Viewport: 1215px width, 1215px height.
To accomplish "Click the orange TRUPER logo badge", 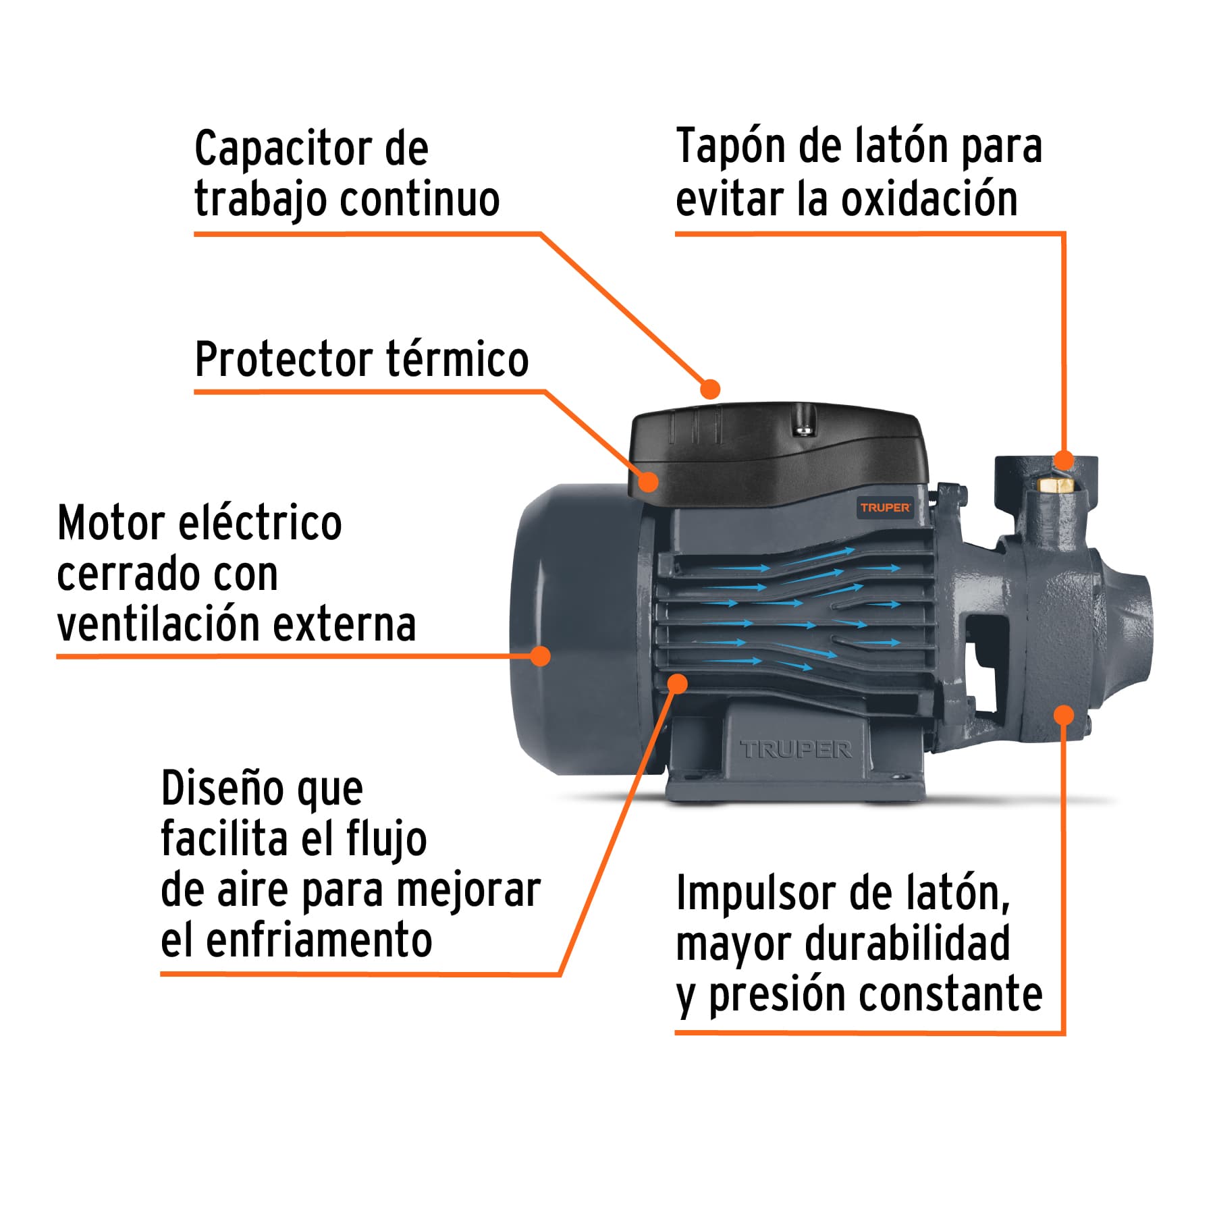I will [885, 507].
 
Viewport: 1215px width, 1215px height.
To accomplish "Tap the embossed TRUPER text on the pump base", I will [796, 749].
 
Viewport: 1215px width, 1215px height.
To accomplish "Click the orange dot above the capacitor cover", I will [710, 389].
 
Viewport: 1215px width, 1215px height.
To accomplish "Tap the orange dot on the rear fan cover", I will [540, 655].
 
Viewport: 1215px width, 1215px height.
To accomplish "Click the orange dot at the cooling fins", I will [677, 684].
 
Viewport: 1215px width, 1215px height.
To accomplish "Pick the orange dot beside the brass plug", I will [1064, 460].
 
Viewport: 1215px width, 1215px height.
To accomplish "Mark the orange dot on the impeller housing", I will [1064, 715].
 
